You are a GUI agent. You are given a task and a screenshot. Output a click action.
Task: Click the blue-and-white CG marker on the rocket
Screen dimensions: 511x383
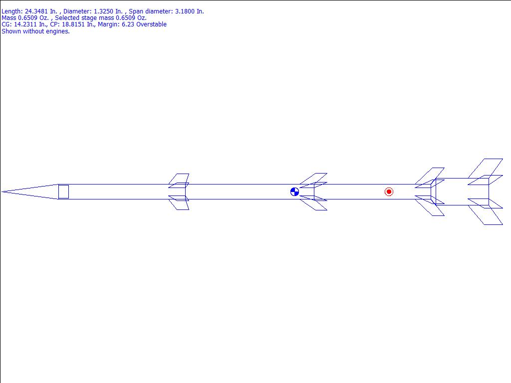[294, 192]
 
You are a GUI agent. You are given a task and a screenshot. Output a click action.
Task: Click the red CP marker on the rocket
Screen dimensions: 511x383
[389, 192]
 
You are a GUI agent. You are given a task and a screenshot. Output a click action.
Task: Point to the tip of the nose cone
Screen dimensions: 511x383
[2, 192]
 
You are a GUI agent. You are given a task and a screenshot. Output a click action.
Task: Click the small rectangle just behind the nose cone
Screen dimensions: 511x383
[63, 192]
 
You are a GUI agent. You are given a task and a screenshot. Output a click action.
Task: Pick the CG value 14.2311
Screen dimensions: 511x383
[25, 24]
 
